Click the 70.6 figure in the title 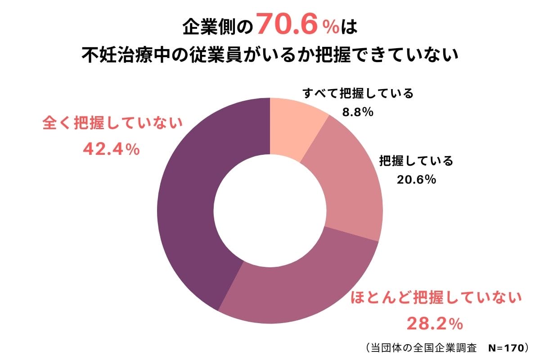[289, 27]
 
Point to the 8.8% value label [358, 112]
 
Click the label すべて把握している [358, 94]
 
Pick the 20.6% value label [416, 180]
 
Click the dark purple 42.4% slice [189, 202]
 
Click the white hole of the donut [270, 211]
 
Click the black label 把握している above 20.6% [416, 161]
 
